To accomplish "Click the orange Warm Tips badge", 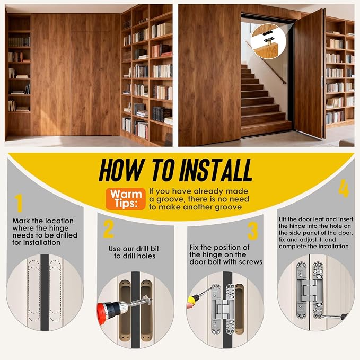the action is pos(126,199).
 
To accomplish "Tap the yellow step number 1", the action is pos(19,203).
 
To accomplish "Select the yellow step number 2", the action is pos(109,229).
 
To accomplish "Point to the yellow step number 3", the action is pos(252,231).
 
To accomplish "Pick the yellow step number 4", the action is pos(344,189).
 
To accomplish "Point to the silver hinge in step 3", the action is pos(223,309).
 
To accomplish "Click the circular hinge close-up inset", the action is pos(268,41).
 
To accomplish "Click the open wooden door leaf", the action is pos(310,74).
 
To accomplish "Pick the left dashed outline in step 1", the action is pos(34,291).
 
